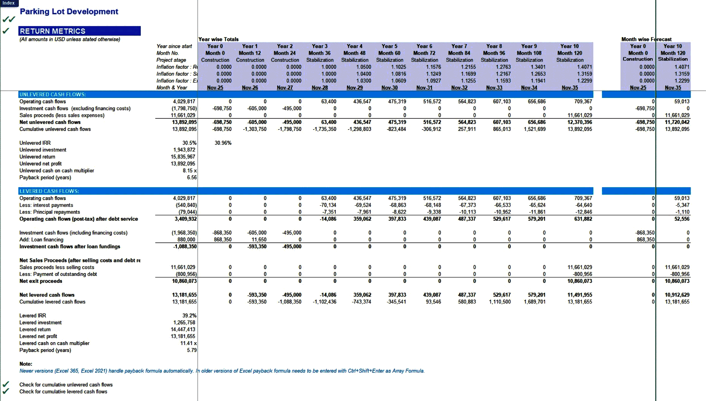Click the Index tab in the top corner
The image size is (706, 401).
coord(8,3)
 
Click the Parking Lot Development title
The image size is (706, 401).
coord(69,11)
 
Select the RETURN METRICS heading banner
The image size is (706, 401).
coord(79,31)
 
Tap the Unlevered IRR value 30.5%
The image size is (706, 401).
coord(189,143)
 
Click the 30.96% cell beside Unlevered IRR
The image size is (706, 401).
coord(223,143)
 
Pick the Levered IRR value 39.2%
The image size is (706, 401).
coord(189,316)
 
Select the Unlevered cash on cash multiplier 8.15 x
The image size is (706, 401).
coord(190,171)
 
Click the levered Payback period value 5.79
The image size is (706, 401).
coord(192,350)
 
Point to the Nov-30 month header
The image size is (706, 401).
coord(389,88)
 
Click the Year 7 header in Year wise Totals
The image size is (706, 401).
coord(459,46)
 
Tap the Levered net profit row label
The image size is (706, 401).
coord(38,336)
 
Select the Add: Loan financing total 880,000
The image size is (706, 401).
coord(186,239)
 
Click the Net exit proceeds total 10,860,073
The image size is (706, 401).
coord(184,281)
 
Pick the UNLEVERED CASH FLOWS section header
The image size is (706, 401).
coord(53,95)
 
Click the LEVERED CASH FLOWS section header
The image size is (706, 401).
coord(49,191)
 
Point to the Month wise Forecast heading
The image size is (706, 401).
coord(646,39)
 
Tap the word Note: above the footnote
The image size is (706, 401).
coord(26,364)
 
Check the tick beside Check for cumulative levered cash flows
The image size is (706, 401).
coord(6,391)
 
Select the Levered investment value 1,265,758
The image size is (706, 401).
coord(184,323)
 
